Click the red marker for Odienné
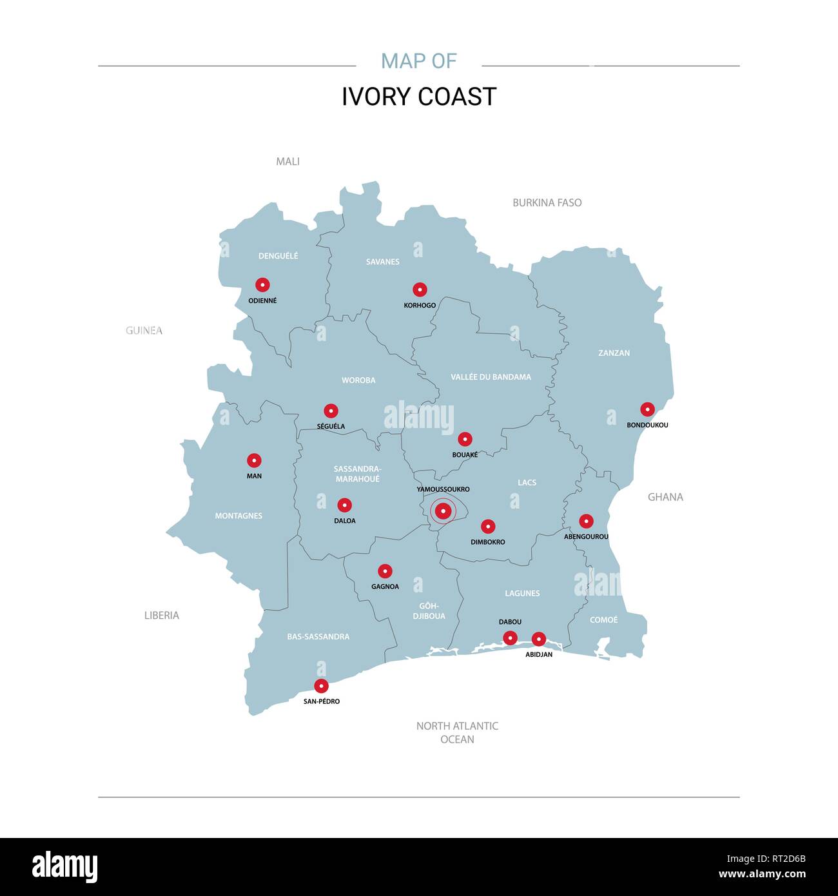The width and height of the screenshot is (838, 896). [262, 285]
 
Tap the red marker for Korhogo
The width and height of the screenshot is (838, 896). [420, 289]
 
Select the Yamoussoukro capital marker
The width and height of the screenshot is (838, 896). [443, 511]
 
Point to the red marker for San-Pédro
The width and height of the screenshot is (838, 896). [321, 686]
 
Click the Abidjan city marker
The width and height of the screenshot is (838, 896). [538, 639]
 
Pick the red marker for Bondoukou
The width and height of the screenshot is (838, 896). [647, 409]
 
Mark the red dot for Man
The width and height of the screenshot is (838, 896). [254, 460]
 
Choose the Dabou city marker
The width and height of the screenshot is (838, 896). [510, 638]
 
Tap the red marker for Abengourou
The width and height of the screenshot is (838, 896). [586, 521]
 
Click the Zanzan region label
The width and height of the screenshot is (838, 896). [614, 353]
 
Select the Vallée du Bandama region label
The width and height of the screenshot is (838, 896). [491, 377]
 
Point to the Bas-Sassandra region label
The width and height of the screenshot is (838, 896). [318, 637]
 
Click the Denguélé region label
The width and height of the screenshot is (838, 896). [278, 256]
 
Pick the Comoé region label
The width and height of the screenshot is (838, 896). [603, 620]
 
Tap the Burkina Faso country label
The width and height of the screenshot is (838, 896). [547, 202]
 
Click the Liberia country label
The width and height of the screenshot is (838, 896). [161, 616]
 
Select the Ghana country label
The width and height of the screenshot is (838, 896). [665, 497]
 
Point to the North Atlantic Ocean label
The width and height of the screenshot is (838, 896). [457, 732]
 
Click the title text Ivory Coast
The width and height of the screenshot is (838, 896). [419, 97]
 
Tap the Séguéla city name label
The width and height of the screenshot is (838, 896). [331, 426]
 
